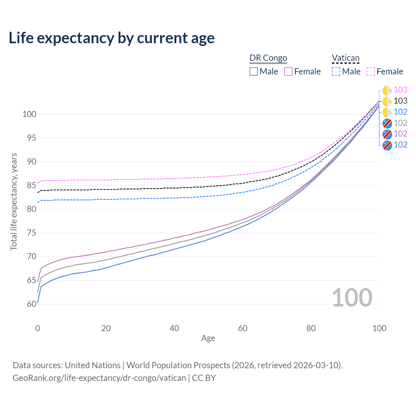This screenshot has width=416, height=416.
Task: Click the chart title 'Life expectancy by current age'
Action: click(111, 38)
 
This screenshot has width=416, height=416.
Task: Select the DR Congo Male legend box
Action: click(254, 71)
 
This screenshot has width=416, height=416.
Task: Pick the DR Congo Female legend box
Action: click(288, 71)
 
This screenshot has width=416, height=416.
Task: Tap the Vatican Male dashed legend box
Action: click(336, 71)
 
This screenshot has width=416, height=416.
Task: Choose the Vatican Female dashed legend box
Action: click(371, 71)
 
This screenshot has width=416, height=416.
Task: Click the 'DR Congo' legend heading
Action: click(268, 58)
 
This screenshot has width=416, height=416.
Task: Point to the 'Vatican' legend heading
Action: click(345, 58)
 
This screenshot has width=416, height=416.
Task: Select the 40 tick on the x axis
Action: click(174, 328)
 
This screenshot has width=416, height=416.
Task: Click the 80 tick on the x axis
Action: click(311, 328)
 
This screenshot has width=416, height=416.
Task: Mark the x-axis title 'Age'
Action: click(208, 338)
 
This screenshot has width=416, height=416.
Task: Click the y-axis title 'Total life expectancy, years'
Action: click(14, 201)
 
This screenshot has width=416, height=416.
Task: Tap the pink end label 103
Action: click(400, 90)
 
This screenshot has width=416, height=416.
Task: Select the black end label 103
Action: click(400, 101)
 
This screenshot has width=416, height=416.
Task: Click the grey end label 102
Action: click(400, 123)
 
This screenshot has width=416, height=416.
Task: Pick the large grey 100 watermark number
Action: click(352, 297)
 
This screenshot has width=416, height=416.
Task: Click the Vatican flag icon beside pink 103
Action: click(387, 90)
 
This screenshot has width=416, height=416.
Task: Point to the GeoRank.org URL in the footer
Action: click(99, 378)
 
